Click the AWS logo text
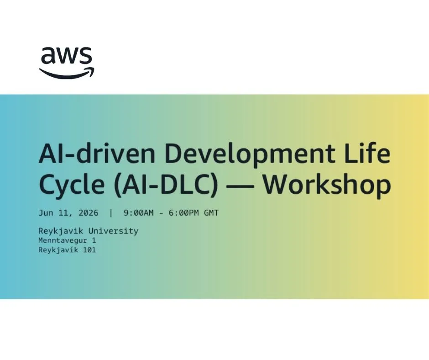(67, 55)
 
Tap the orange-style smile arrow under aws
(67, 73)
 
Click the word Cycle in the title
(72, 185)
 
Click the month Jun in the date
(46, 213)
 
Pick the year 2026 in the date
(89, 213)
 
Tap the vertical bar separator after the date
(111, 213)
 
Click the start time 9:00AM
(139, 213)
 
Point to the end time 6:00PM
(183, 213)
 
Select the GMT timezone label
(211, 213)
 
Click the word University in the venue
(113, 232)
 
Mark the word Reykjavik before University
(61, 232)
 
